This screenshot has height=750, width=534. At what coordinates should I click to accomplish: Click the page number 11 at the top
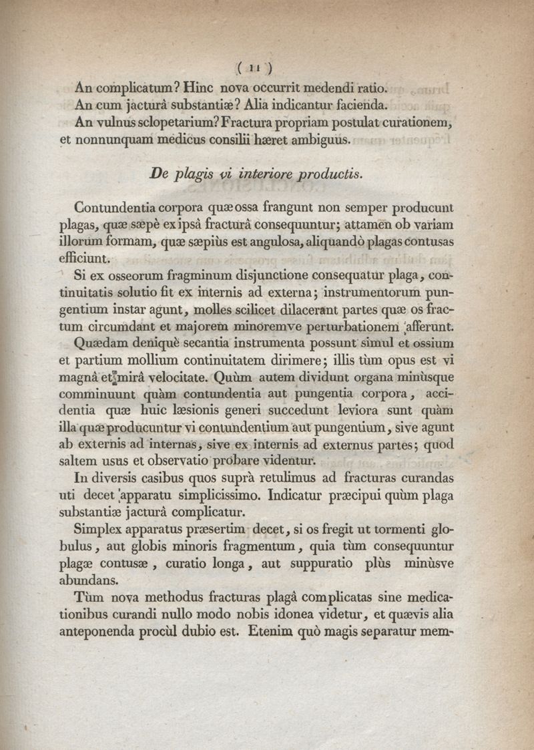[256, 67]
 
